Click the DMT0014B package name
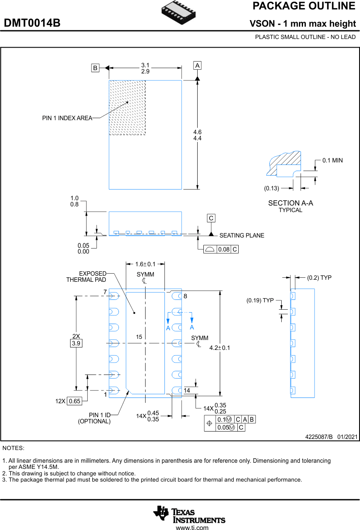[x=32, y=23]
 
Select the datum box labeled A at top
[x=197, y=66]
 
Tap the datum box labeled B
[x=95, y=68]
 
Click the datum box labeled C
[x=211, y=218]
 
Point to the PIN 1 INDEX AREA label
[x=67, y=118]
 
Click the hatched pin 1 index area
[x=127, y=107]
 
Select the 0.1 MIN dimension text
[x=332, y=160]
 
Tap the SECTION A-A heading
[x=290, y=203]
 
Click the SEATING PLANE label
[x=242, y=235]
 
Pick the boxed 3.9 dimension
[x=76, y=343]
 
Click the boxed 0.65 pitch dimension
[x=75, y=401]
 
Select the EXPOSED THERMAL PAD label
[x=87, y=276]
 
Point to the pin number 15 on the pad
[x=139, y=337]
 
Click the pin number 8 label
[x=185, y=296]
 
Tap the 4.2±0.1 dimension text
[x=220, y=347]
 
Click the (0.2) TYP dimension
[x=319, y=278]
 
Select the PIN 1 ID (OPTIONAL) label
[x=95, y=418]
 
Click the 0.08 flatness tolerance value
[x=223, y=249]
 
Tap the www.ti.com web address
[x=192, y=528]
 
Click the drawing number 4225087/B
[x=319, y=437]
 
